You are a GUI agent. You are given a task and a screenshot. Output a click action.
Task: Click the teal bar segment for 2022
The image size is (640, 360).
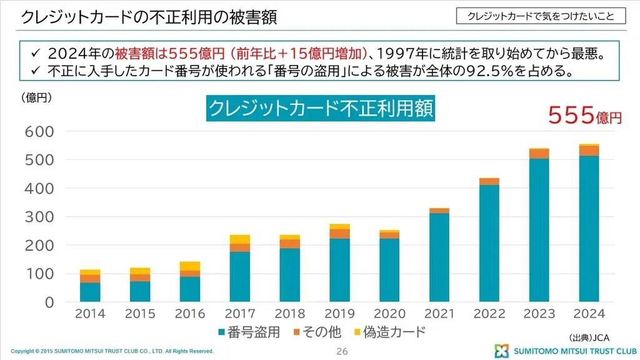489,243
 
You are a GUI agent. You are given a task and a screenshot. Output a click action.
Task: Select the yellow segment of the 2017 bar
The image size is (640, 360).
240,239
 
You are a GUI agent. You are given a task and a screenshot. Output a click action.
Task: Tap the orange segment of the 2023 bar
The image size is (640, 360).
539,154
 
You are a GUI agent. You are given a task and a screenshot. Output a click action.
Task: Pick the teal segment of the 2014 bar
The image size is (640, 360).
90,292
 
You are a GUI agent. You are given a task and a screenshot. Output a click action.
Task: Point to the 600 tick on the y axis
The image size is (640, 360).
39,131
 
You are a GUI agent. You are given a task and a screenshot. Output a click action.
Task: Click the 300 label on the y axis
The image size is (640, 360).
39,217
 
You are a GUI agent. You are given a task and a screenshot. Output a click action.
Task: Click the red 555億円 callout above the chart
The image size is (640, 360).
584,116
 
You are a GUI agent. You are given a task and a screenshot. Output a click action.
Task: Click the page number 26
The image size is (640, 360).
342,351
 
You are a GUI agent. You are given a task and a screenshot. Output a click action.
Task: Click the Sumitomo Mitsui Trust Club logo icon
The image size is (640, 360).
502,351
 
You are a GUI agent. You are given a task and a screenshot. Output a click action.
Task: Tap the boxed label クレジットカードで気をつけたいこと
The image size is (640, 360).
541,16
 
